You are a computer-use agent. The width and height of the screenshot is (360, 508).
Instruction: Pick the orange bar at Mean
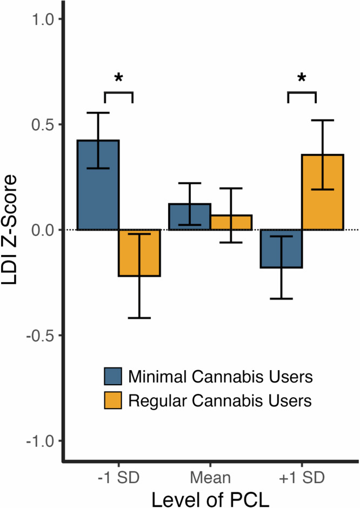pyautogui.click(x=231, y=222)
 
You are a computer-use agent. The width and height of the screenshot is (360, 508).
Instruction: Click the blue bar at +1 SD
pyautogui.click(x=281, y=249)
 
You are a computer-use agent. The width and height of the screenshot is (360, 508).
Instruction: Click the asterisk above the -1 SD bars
pyautogui.click(x=118, y=79)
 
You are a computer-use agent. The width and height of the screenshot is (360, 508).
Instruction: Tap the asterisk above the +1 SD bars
pyautogui.click(x=302, y=79)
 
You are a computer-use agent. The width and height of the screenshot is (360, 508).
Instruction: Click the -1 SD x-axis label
pyautogui.click(x=118, y=478)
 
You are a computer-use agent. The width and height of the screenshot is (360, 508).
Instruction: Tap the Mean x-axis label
pyautogui.click(x=210, y=478)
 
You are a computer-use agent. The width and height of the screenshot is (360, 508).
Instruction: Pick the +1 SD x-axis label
pyautogui.click(x=302, y=478)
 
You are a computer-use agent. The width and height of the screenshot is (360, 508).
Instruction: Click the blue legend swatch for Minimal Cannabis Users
pyautogui.click(x=115, y=376)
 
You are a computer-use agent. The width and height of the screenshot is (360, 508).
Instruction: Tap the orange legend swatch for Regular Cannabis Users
pyautogui.click(x=115, y=400)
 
